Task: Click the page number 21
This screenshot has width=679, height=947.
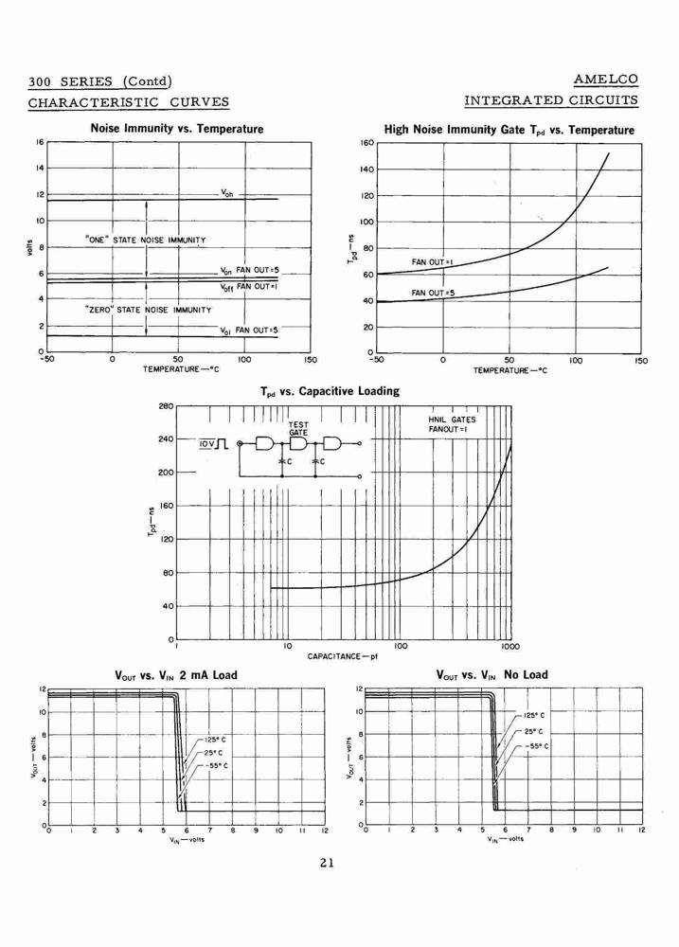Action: (327, 863)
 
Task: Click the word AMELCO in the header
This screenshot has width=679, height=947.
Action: (605, 80)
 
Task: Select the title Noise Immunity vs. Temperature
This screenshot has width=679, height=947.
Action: (177, 129)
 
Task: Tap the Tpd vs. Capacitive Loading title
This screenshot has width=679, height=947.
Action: (330, 391)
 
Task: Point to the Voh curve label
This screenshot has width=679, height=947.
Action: (226, 193)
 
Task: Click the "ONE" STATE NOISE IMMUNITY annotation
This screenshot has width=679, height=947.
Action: (145, 240)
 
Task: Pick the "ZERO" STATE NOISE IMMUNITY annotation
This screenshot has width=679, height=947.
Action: (148, 310)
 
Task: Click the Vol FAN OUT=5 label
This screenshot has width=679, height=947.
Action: (249, 331)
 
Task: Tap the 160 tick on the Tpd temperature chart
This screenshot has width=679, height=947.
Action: (367, 143)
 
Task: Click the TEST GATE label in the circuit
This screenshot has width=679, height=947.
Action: (297, 429)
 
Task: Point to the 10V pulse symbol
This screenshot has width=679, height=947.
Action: (213, 444)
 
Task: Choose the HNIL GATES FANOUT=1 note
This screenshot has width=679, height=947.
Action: (452, 424)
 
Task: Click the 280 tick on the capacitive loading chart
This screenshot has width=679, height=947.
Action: (166, 406)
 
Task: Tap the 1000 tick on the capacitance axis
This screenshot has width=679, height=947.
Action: (510, 646)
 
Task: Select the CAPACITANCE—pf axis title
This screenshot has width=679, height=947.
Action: (343, 656)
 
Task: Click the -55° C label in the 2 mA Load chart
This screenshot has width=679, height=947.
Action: (217, 765)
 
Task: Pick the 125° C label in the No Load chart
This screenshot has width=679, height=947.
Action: (534, 716)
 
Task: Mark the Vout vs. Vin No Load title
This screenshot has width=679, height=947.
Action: (491, 674)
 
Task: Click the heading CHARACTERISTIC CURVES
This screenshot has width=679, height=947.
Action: (129, 101)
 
